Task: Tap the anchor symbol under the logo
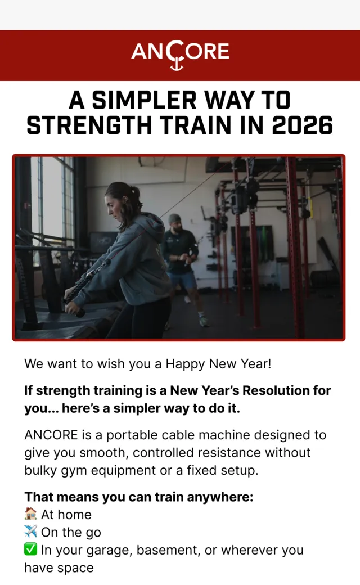pyautogui.click(x=177, y=64)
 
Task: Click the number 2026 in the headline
pyautogui.click(x=302, y=125)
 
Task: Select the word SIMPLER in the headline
pyautogui.click(x=145, y=100)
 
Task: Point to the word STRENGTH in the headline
pyautogui.click(x=89, y=125)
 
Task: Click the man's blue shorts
pyautogui.click(x=182, y=280)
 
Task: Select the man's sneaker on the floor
pyautogui.click(x=204, y=321)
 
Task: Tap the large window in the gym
pyautogui.click(x=52, y=201)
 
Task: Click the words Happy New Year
pyautogui.click(x=218, y=363)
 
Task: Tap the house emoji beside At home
pyautogui.click(x=30, y=514)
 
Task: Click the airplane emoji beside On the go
pyautogui.click(x=30, y=532)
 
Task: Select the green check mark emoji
pyautogui.click(x=30, y=549)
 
